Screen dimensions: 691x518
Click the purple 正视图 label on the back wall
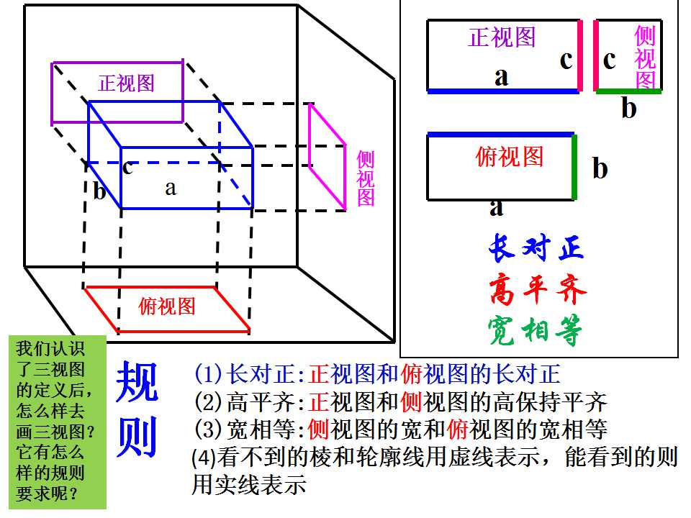coord(126,83)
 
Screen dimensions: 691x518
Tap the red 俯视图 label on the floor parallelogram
coord(166,306)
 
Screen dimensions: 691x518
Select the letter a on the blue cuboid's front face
coord(171,188)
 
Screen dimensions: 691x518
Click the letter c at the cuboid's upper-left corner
coord(128,168)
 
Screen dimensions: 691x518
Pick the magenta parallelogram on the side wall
coord(328,156)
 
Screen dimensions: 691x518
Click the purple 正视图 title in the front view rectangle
coord(502,37)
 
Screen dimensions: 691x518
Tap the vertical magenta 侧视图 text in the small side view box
coord(645,57)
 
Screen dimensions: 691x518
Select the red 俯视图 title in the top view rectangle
coord(510,156)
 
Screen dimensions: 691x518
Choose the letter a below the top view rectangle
coord(496,207)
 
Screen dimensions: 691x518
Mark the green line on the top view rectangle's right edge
coord(574,168)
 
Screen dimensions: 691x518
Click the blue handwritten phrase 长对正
coord(536,248)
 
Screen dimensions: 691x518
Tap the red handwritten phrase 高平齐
coord(538,289)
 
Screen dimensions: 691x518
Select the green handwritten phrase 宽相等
coord(535,330)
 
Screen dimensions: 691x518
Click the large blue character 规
coord(137,381)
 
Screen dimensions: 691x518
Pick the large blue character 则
coord(137,437)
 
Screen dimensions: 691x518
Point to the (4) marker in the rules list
coord(204,458)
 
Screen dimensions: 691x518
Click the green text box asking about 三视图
coord(58,422)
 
